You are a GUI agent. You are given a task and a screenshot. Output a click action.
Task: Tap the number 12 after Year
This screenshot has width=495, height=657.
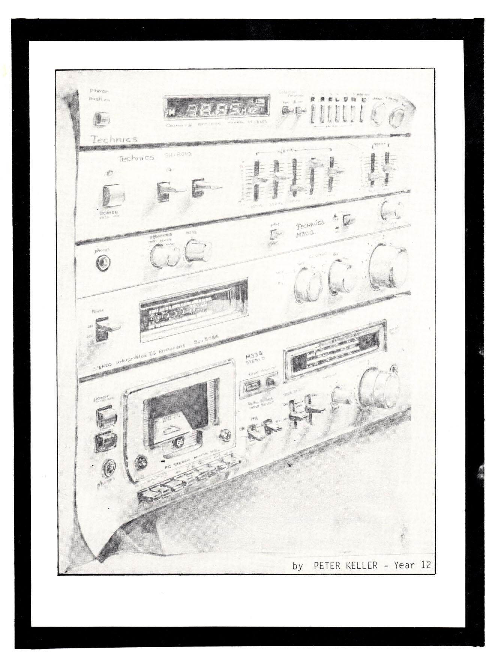[425, 565]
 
